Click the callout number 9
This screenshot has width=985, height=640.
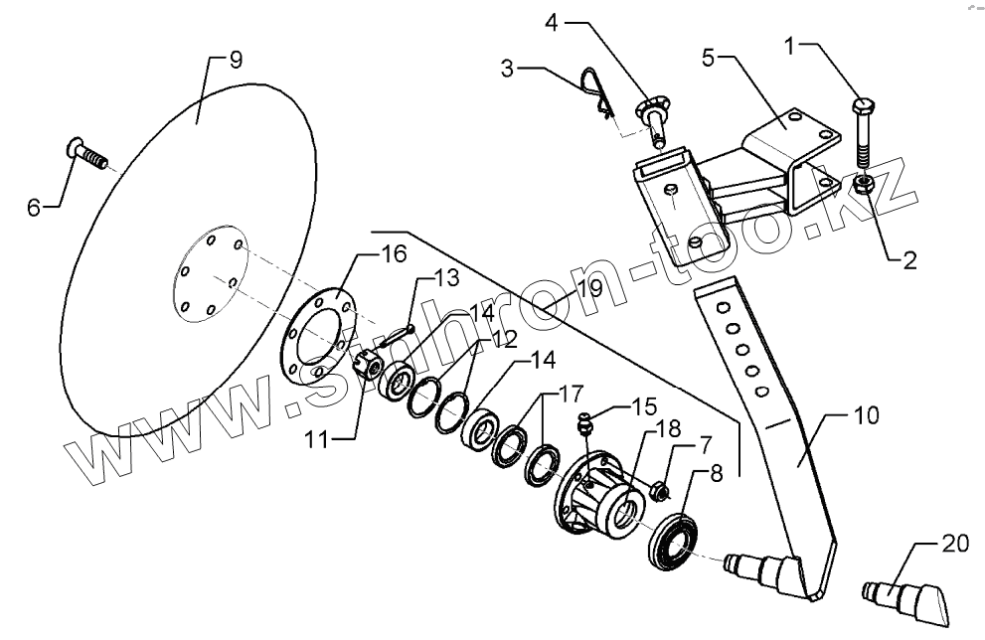236,59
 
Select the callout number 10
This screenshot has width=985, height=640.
866,414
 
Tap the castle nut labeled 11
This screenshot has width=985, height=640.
364,366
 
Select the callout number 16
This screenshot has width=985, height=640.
394,254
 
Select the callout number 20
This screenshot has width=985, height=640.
955,543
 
